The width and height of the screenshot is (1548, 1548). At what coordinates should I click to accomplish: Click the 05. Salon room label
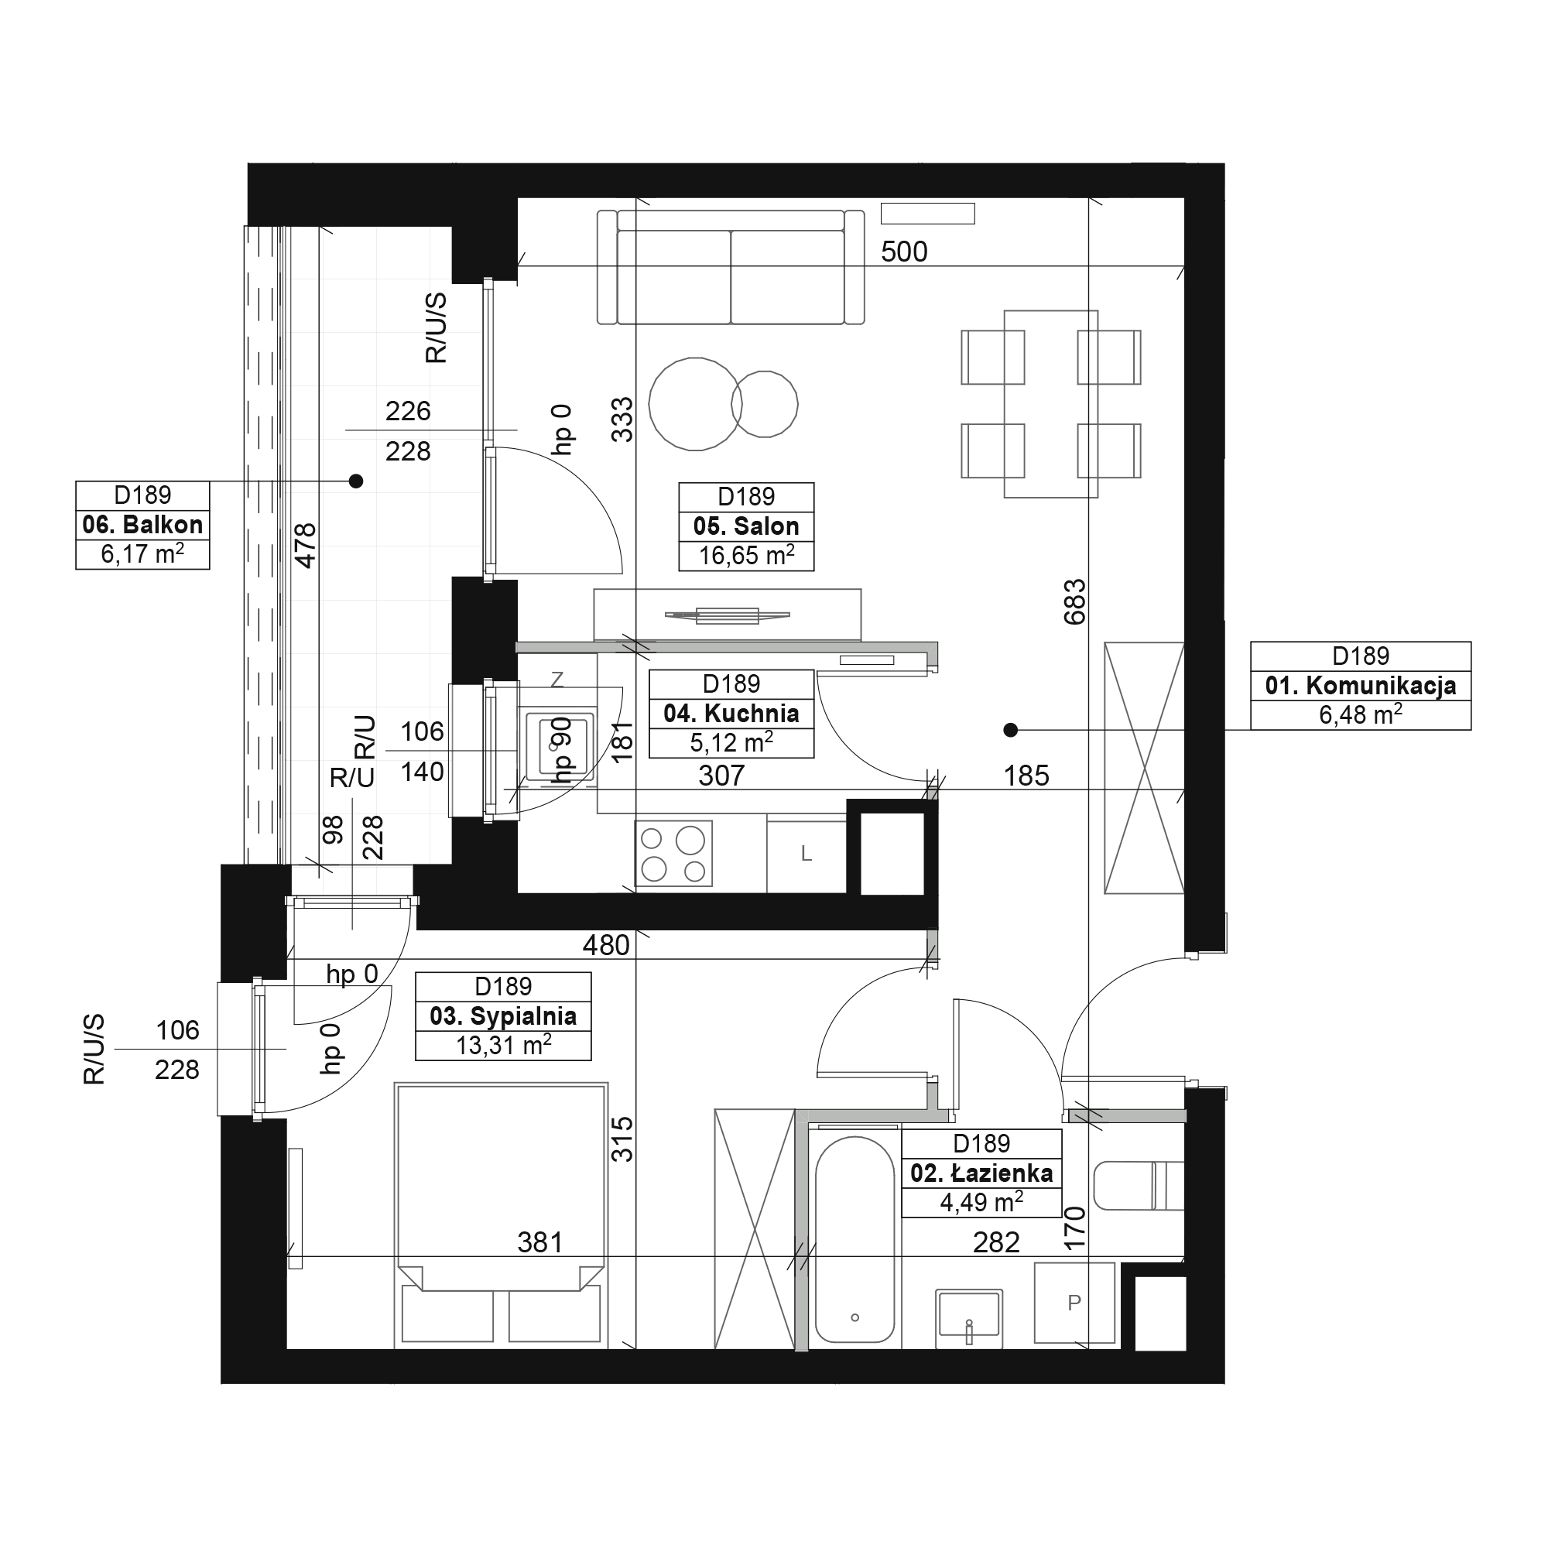point(746,526)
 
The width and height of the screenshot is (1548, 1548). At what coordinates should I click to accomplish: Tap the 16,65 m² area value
point(746,555)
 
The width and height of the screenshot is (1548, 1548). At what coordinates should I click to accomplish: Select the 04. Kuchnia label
point(731,713)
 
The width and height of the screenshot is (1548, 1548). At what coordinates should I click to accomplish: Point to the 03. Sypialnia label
point(503,1016)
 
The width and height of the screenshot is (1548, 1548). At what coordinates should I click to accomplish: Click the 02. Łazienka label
point(981,1173)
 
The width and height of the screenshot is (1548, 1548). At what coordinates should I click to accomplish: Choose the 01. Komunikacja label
point(1361,685)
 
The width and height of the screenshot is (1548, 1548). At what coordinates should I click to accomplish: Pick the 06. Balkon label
point(142,525)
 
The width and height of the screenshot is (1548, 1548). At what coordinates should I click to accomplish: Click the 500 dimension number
point(904,252)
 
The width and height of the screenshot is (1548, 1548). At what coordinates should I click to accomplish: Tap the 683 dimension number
point(1074,601)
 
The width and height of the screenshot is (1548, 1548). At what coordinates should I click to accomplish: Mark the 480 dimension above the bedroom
point(606,946)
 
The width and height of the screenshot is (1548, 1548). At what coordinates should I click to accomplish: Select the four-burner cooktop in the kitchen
point(673,853)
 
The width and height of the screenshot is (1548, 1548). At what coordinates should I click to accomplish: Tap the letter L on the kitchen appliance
point(806,854)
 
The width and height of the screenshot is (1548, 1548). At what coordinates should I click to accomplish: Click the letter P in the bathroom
point(1074,1303)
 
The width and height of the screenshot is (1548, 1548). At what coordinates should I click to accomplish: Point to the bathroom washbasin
point(969,1315)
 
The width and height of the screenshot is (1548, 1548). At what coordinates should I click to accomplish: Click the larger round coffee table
point(695,404)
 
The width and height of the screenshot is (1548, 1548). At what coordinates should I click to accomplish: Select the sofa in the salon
point(731,268)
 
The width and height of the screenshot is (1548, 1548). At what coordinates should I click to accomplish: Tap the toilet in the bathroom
point(1139,1185)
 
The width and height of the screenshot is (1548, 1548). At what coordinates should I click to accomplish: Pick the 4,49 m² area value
point(981,1202)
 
